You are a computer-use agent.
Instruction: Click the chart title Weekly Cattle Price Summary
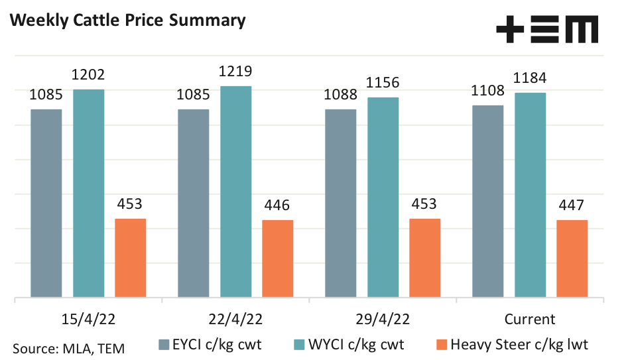(127, 21)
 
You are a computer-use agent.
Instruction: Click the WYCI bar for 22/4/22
(235, 192)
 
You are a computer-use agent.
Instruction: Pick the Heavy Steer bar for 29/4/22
(424, 258)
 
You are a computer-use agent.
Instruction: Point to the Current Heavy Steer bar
(572, 259)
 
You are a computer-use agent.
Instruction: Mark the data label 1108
(488, 91)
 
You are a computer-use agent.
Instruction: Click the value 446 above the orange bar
(277, 206)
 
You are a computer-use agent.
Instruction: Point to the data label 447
(572, 206)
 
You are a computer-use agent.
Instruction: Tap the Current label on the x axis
(529, 319)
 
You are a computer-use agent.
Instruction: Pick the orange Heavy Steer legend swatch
(442, 344)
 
